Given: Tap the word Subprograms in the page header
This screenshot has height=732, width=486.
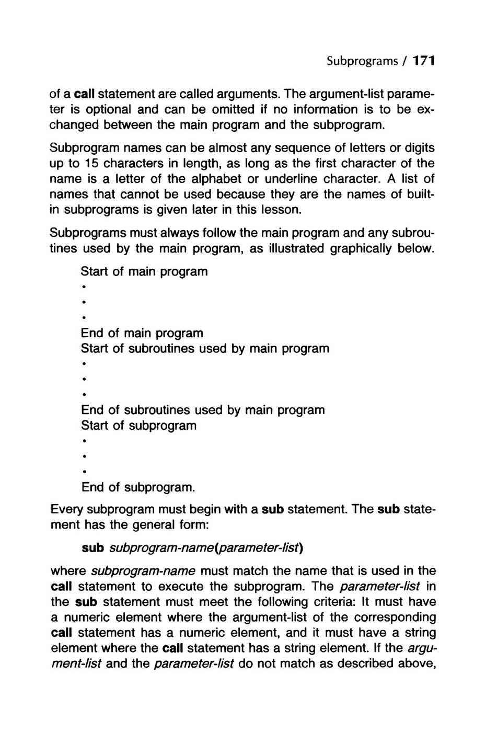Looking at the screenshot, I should [x=355, y=61].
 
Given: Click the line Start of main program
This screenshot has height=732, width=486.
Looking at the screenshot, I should [x=144, y=272].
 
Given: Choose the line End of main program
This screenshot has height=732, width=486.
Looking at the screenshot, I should [x=142, y=333].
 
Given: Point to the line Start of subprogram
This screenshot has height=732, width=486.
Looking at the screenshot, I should [x=139, y=426].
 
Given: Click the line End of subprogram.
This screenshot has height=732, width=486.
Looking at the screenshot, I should [x=138, y=487].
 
